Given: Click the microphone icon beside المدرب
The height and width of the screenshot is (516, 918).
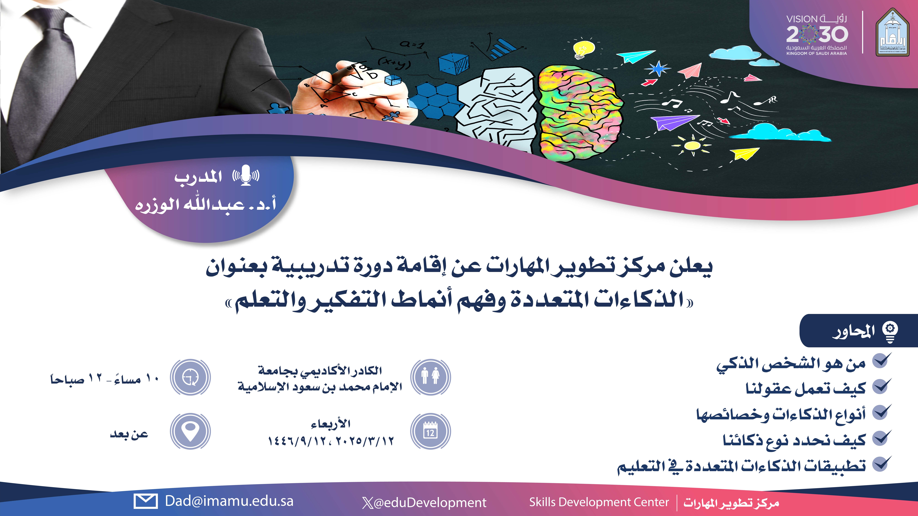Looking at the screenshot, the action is [246, 175].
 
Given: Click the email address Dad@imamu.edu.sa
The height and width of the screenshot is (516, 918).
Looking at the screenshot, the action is [229, 501].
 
